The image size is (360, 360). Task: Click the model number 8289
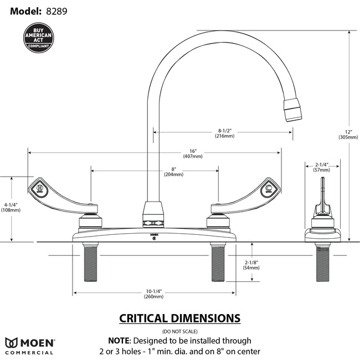(x=58, y=11)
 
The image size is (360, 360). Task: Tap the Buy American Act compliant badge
(x=39, y=38)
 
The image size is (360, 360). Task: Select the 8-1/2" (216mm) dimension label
(x=225, y=133)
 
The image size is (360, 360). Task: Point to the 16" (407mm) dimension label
(x=192, y=153)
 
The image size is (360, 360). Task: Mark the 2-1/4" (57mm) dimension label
(x=322, y=167)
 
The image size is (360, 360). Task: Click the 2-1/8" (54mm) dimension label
(x=251, y=265)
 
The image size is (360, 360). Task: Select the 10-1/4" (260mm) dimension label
(x=153, y=294)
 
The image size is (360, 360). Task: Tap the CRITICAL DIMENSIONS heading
(x=180, y=318)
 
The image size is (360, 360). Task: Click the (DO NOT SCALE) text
(x=180, y=331)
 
